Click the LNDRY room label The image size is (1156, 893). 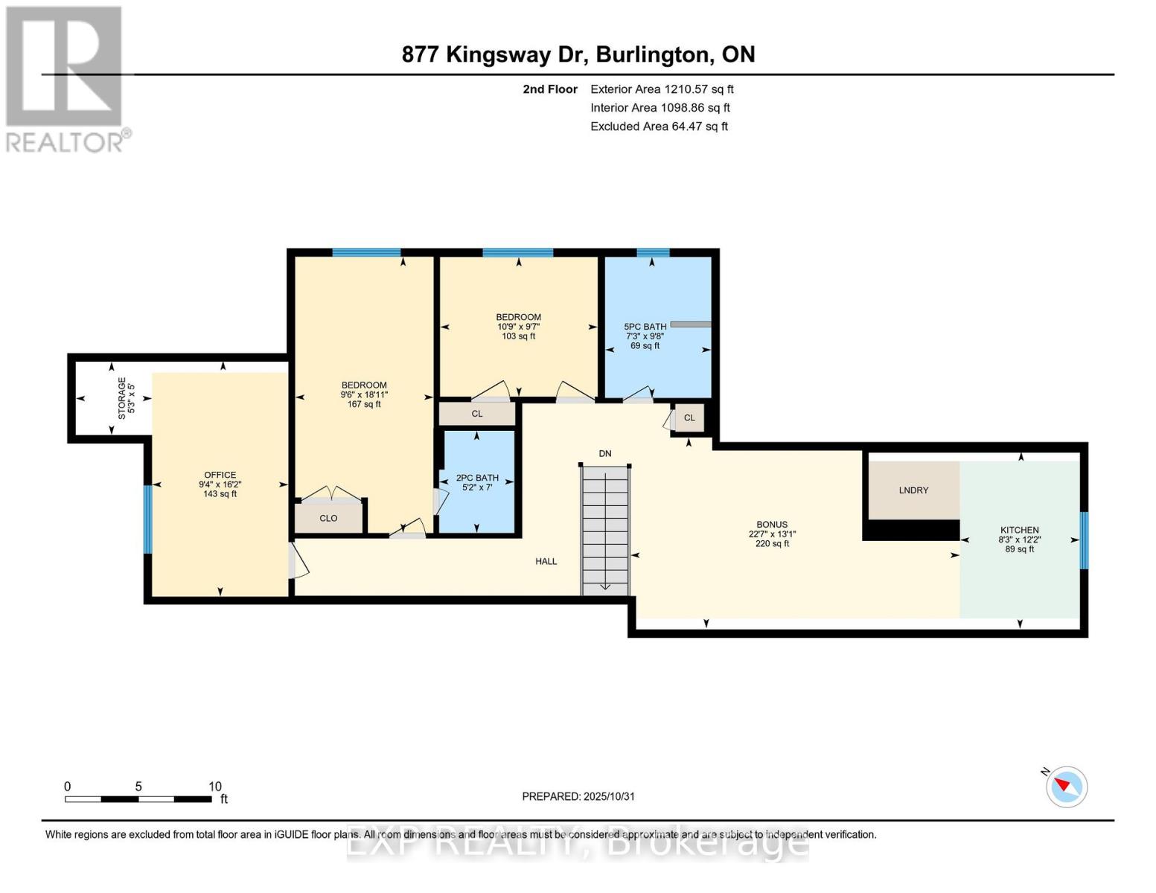(913, 490)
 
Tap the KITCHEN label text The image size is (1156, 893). (1019, 531)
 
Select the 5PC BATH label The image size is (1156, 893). (645, 327)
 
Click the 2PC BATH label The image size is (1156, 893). (477, 478)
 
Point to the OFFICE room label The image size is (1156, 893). (220, 475)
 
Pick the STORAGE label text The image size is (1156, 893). (122, 397)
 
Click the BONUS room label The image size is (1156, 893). (772, 525)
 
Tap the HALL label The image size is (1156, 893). (546, 562)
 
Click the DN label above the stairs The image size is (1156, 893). (604, 453)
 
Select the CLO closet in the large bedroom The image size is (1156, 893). (328, 518)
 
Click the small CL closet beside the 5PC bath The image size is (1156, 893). (689, 417)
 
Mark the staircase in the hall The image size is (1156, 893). (605, 530)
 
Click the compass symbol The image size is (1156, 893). (1066, 787)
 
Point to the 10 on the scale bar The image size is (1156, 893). (214, 787)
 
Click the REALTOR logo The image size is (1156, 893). (66, 78)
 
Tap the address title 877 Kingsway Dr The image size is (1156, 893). (578, 54)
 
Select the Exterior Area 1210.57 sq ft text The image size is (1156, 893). (662, 89)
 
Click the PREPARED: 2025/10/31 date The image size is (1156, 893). (578, 796)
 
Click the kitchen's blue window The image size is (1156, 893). (1084, 540)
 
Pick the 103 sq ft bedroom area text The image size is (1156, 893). (518, 336)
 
